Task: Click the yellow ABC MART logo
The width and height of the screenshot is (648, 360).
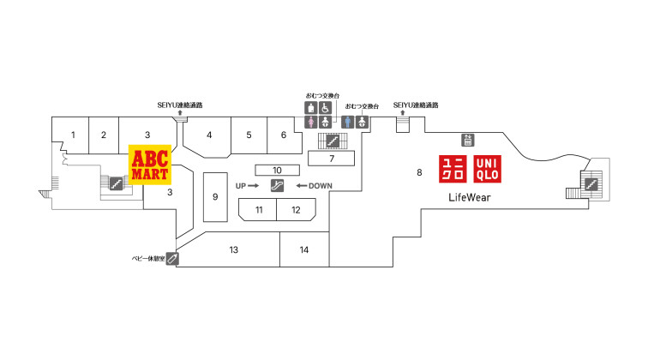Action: tap(150, 165)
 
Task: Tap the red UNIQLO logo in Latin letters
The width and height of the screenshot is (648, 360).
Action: tap(487, 169)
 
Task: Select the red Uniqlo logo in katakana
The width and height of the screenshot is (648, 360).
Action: tap(453, 169)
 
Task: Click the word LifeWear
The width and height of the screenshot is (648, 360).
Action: tap(470, 197)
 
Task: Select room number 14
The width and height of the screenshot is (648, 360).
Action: tap(304, 249)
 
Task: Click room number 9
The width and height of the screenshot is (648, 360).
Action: tap(215, 197)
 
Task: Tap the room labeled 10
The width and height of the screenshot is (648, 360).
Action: tap(278, 170)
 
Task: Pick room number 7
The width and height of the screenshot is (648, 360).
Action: tap(331, 159)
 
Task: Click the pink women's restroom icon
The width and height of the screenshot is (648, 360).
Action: tap(311, 122)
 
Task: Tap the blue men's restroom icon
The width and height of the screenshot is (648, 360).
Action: tap(347, 122)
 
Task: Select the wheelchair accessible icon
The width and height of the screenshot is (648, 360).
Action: tap(325, 108)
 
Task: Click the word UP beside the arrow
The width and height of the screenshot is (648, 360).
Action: tap(241, 186)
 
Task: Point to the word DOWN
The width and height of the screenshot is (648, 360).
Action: tap(321, 186)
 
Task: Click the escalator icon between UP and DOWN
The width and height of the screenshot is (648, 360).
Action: tap(277, 186)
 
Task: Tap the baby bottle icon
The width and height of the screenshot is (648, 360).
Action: tap(172, 259)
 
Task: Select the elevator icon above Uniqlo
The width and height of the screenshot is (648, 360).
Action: tap(467, 140)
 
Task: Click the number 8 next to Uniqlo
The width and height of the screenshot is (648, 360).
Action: tap(419, 172)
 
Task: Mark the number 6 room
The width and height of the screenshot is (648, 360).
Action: tap(284, 135)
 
